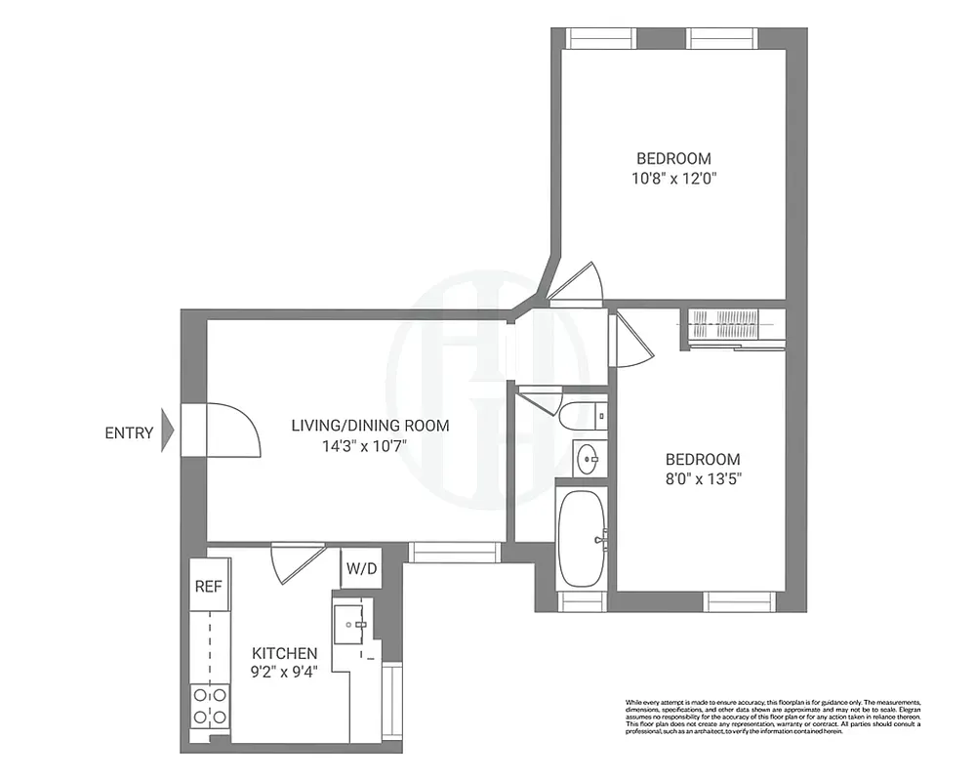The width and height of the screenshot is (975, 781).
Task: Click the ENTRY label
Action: pyautogui.click(x=129, y=432)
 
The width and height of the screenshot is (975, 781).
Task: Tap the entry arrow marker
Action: pyautogui.click(x=167, y=429)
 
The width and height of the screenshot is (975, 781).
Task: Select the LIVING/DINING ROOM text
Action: pyautogui.click(x=370, y=425)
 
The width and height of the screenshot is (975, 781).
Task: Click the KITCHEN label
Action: pyautogui.click(x=284, y=653)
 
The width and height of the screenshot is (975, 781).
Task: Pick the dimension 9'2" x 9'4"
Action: pyautogui.click(x=284, y=672)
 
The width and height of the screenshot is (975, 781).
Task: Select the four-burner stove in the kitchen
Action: pyautogui.click(x=210, y=706)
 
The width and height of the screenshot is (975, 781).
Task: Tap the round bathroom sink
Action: pyautogui.click(x=589, y=458)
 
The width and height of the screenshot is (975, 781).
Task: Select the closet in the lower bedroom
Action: pyautogui.click(x=736, y=326)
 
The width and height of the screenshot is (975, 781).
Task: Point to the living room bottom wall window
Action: pyautogui.click(x=453, y=553)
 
